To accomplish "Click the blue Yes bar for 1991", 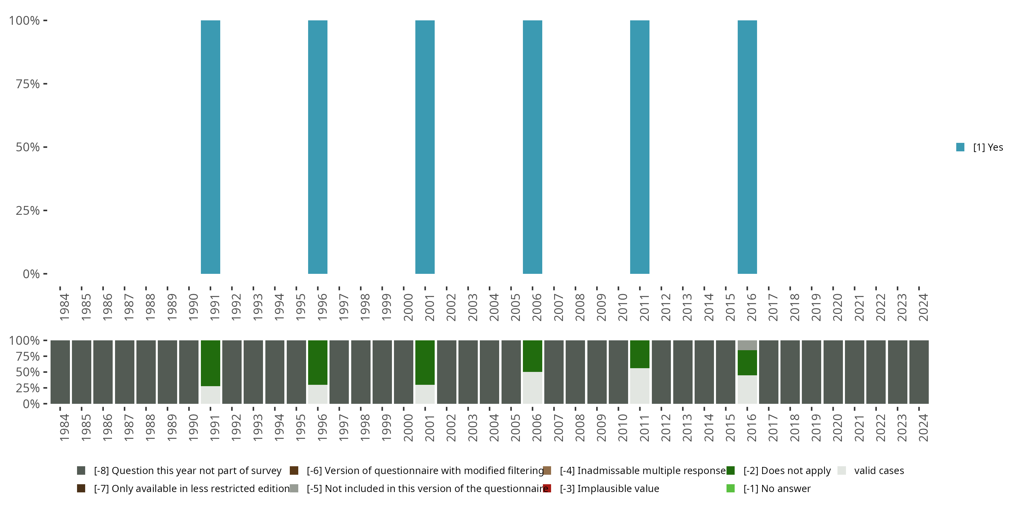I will tap(210, 147).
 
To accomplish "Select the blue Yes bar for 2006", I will tap(532, 147).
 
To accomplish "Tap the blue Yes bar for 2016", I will tap(747, 147).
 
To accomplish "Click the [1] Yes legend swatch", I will tap(960, 147).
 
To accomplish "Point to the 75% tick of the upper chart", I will tap(45, 84).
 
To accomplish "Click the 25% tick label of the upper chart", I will tap(28, 211).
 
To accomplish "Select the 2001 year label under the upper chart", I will tap(430, 307).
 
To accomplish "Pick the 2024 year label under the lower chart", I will tap(923, 428).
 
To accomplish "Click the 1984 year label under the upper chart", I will tap(64, 307).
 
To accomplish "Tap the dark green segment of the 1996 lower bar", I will tap(318, 362).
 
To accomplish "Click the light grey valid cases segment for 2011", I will tap(639, 386).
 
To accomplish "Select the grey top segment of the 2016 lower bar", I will tap(747, 345).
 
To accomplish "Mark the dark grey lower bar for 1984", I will tap(60, 372).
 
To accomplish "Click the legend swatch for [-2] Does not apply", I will tap(730, 471).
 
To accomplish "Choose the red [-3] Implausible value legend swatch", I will tap(547, 488).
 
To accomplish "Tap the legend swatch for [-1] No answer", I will tap(730, 488).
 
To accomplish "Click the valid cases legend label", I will tap(879, 471).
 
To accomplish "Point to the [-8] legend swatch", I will tap(81, 471).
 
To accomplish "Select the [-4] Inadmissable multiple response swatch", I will tap(547, 471).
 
